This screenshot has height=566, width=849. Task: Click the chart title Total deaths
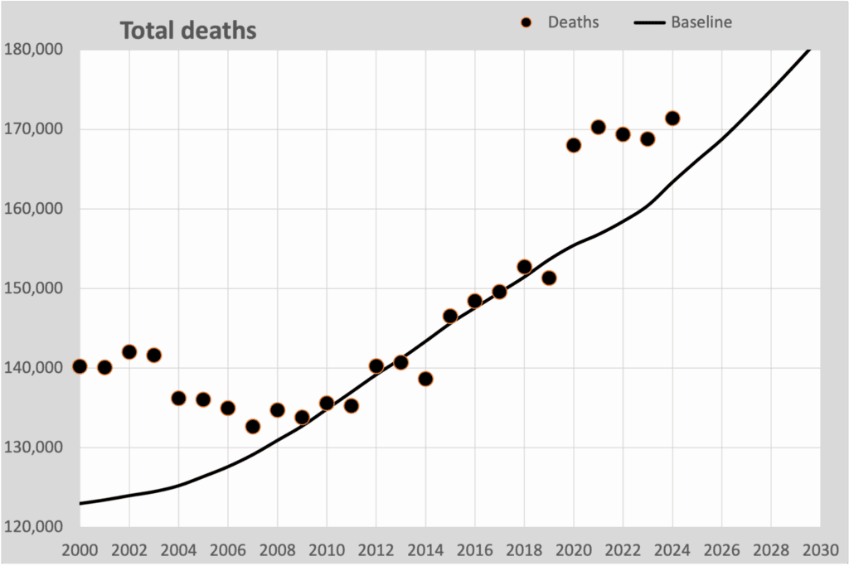(188, 31)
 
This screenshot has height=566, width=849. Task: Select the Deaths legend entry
(560, 22)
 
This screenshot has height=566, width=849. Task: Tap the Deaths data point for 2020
(574, 145)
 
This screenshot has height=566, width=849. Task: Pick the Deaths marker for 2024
(672, 119)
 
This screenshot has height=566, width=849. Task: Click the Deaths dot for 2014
(425, 379)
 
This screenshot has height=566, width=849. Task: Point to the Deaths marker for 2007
(253, 427)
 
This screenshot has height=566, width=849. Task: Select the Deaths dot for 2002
(129, 352)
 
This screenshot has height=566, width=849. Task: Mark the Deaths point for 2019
(549, 278)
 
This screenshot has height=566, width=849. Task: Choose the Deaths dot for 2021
(599, 128)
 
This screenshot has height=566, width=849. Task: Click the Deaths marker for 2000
(80, 366)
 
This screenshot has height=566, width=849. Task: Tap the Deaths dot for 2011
(352, 406)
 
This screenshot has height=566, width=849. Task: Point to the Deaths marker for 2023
(648, 139)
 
